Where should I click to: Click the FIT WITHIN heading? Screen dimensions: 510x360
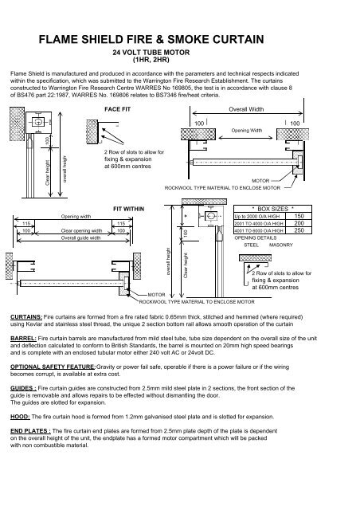tap(127, 205)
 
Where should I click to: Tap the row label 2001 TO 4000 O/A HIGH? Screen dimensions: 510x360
tap(259, 224)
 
